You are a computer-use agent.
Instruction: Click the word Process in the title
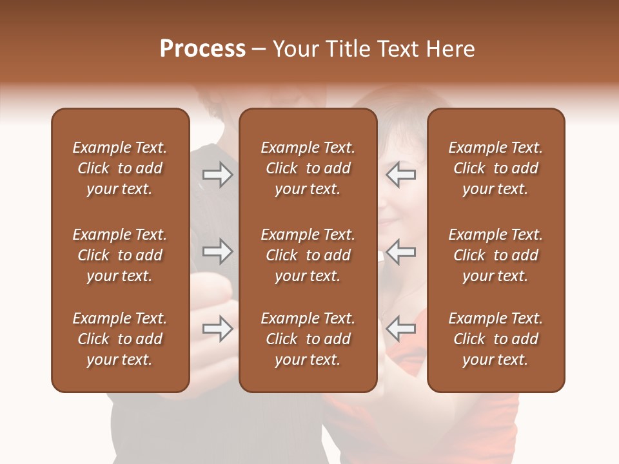(202, 48)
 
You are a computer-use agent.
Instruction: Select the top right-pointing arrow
(217, 175)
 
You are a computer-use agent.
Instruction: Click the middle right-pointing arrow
(217, 251)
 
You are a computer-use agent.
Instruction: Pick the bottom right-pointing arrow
(217, 329)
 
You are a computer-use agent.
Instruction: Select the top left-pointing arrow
(400, 175)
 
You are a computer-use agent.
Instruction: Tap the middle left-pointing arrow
(400, 251)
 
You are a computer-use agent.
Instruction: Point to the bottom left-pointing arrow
(400, 329)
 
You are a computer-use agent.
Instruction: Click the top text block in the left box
(120, 168)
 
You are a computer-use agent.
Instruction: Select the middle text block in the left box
(120, 255)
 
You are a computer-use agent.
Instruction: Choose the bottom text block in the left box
(120, 339)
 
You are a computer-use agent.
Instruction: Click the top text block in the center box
(308, 168)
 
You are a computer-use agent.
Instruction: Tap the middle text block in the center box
(308, 255)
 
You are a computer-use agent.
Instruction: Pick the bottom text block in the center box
(308, 339)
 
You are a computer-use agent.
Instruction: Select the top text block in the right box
(495, 168)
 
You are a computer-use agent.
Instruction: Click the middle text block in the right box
(495, 255)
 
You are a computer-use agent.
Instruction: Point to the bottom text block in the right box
(495, 339)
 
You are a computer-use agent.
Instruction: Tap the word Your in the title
(294, 48)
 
